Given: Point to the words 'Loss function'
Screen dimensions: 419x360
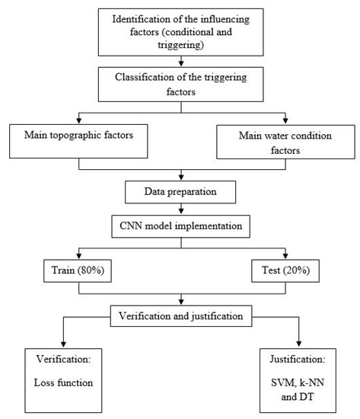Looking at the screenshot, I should pyautogui.click(x=63, y=382).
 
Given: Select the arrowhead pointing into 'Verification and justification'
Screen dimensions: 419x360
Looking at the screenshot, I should pyautogui.click(x=180, y=302).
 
